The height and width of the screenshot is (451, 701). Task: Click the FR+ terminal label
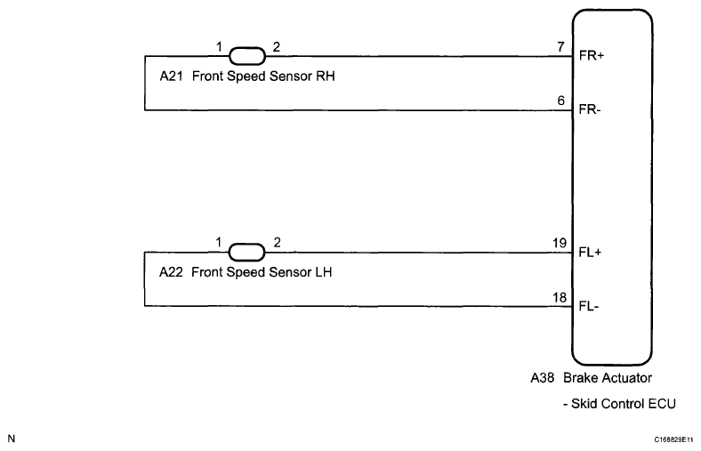coord(591,55)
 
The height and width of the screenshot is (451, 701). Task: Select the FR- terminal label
coord(590,110)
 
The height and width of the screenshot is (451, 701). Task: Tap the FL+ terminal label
coord(591,252)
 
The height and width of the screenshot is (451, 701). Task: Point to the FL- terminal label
coord(590,307)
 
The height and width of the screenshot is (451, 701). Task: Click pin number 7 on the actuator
coord(561,46)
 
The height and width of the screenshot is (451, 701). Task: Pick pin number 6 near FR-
coord(561,101)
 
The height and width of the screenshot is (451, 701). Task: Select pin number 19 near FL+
coord(559,243)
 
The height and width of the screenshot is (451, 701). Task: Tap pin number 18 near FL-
coord(559,297)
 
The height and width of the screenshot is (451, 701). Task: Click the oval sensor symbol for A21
coord(246,55)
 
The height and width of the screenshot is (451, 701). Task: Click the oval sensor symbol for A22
coord(246,252)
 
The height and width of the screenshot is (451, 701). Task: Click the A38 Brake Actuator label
coord(591,378)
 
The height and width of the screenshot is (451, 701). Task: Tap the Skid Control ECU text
coord(619,403)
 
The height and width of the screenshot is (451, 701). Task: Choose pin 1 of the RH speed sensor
coord(218,45)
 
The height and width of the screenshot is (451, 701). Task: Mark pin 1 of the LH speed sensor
coord(218,242)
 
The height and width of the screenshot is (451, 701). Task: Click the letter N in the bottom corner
coord(11,438)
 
